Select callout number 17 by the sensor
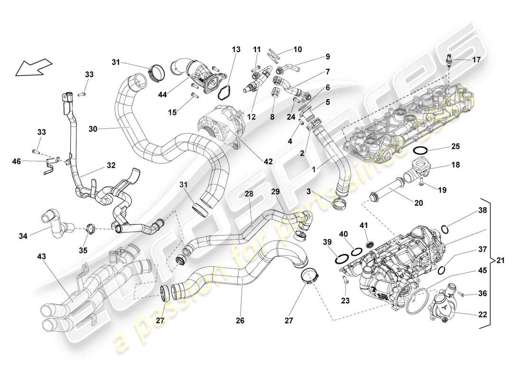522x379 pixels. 476,60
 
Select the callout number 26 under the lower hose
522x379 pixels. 240,321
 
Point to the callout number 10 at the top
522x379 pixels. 298,49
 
